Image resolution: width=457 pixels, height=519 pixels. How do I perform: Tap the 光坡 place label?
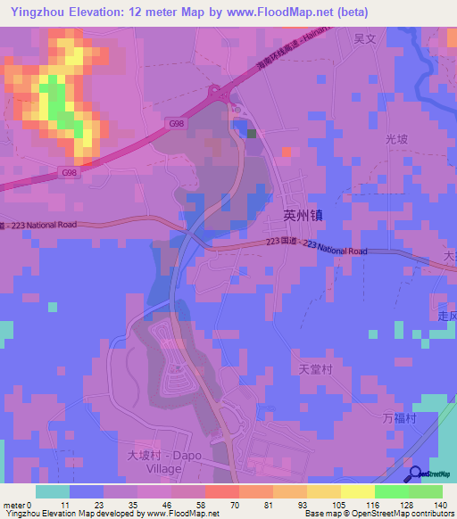[x=395, y=140]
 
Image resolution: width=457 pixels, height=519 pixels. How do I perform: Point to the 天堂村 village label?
[x=316, y=367]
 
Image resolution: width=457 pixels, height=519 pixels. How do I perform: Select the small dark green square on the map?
[x=252, y=134]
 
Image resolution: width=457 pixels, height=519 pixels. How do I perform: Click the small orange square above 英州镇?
[x=286, y=152]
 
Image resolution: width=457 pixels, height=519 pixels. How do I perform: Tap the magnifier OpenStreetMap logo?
[x=416, y=474]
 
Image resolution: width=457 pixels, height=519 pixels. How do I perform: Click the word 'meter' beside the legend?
[x=15, y=506]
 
